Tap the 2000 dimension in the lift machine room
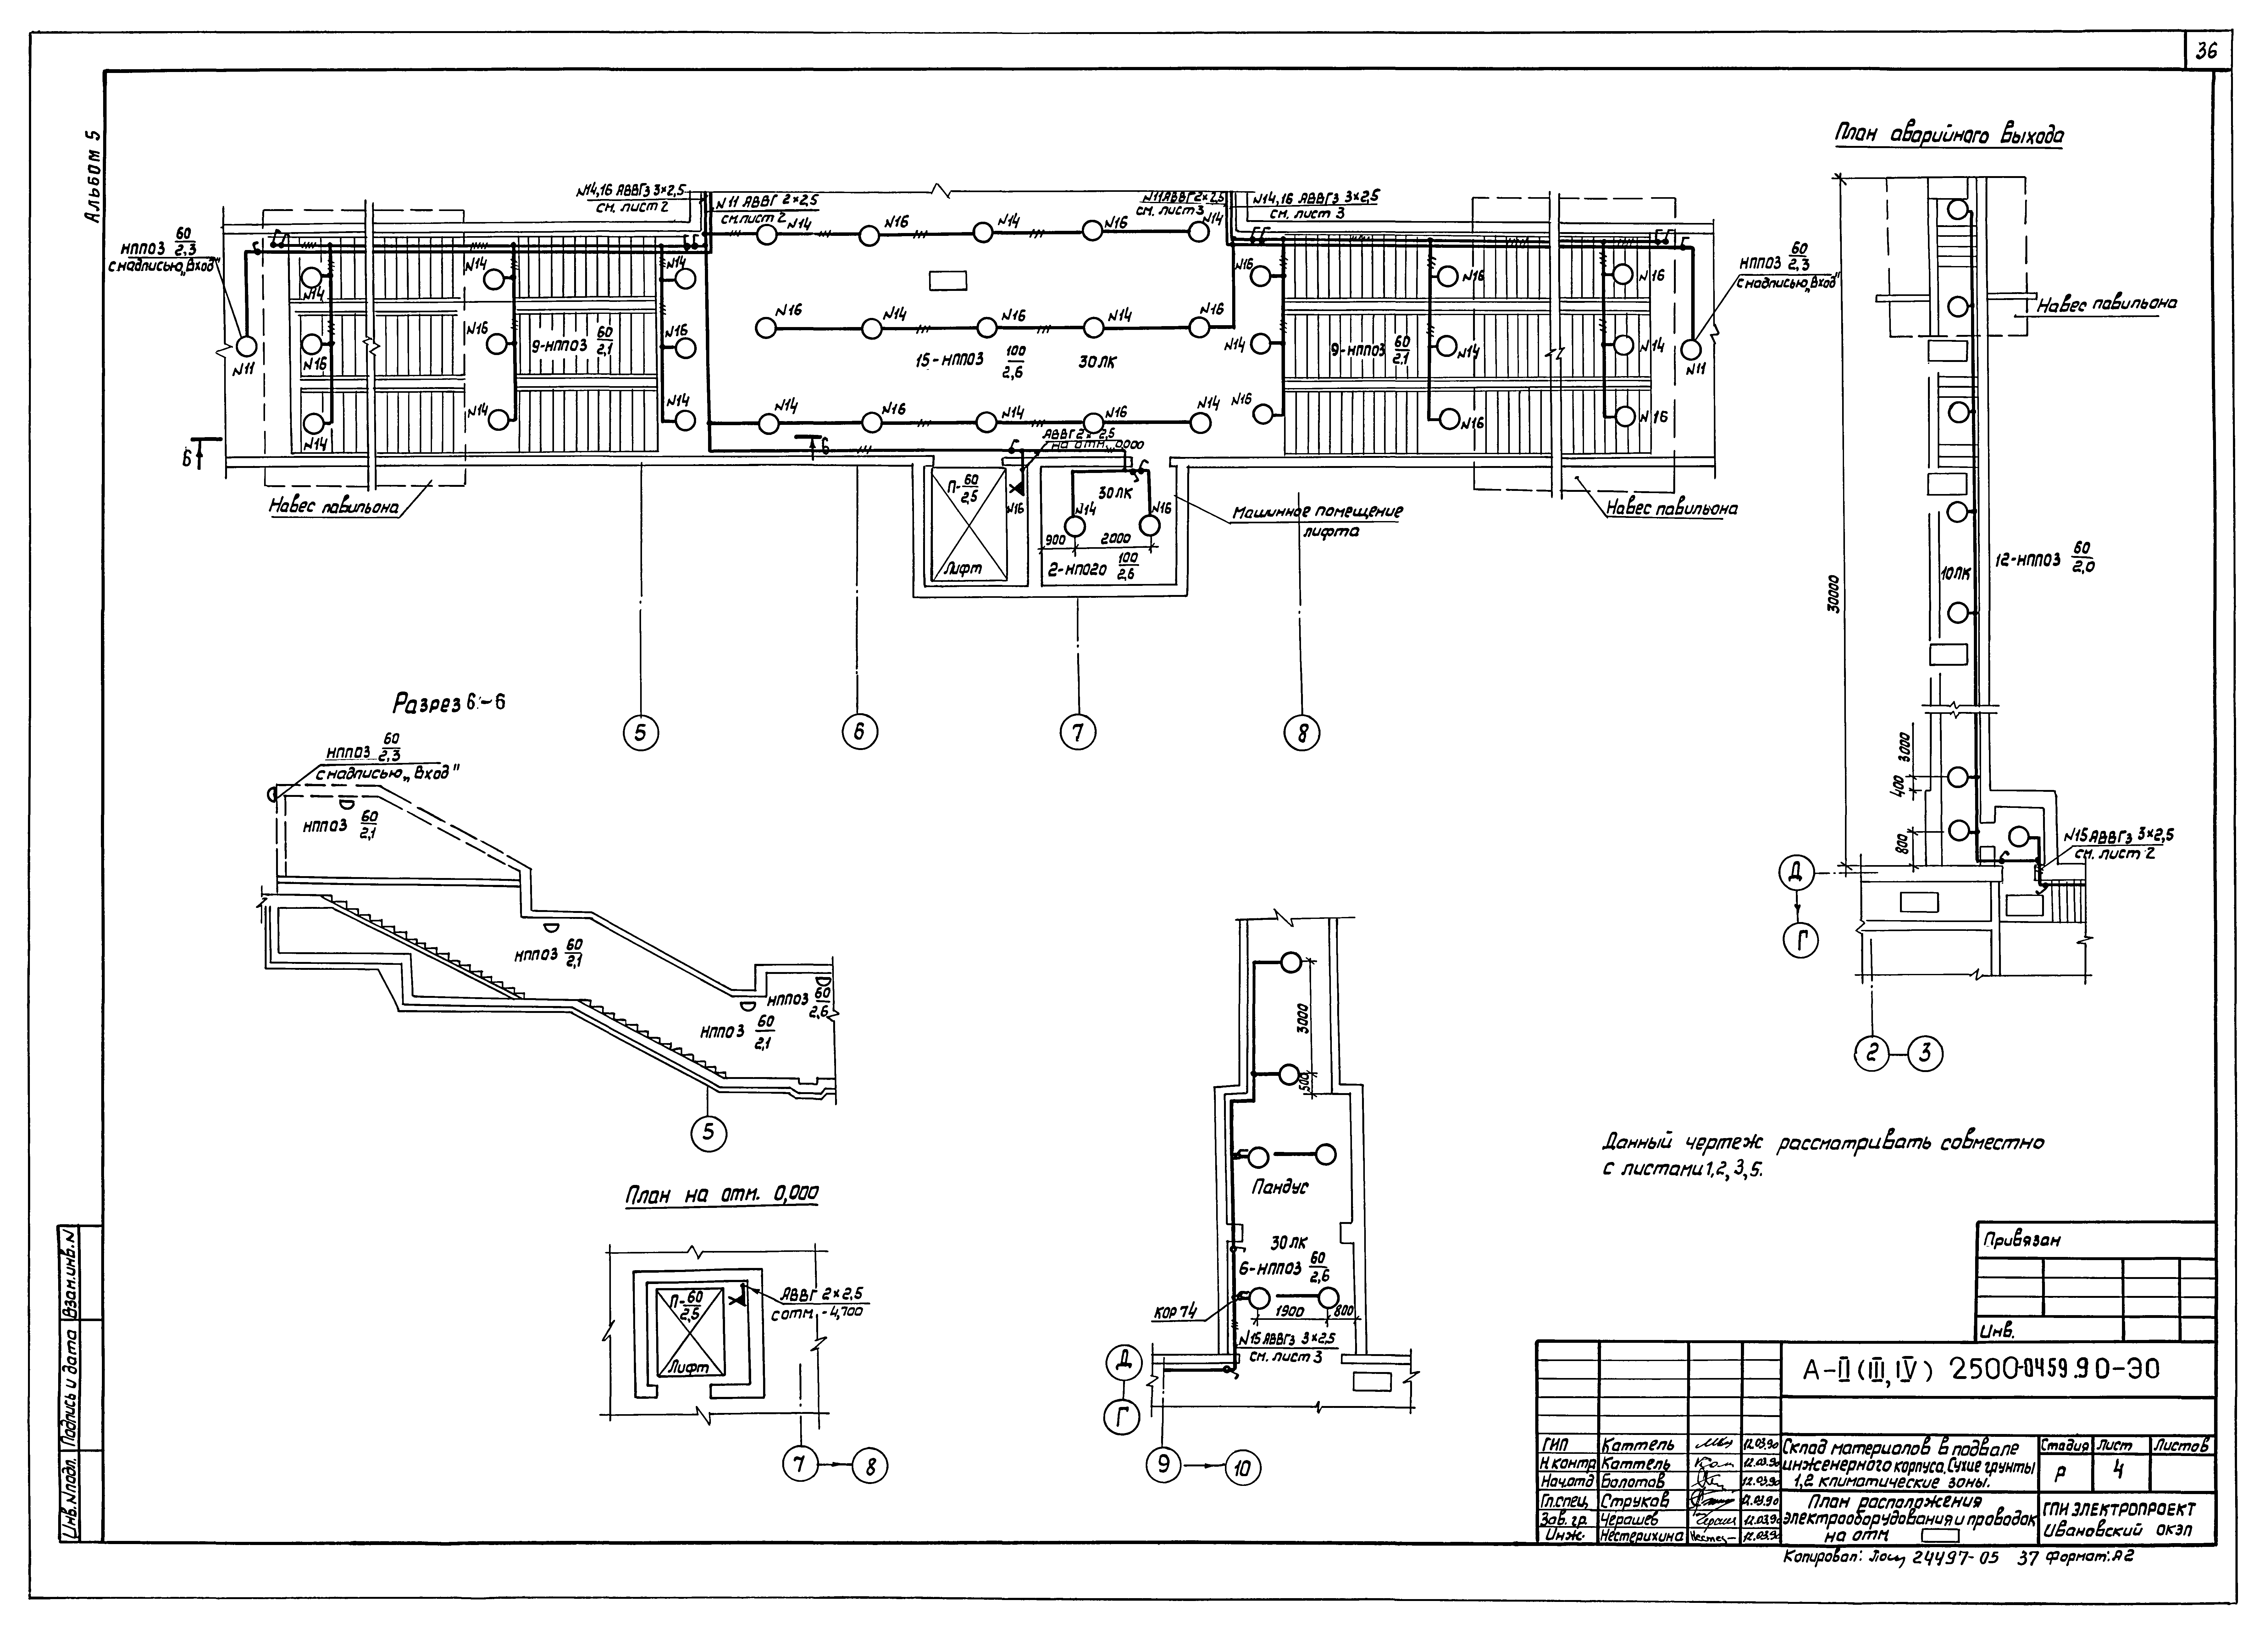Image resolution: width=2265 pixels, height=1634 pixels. tap(1116, 538)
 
